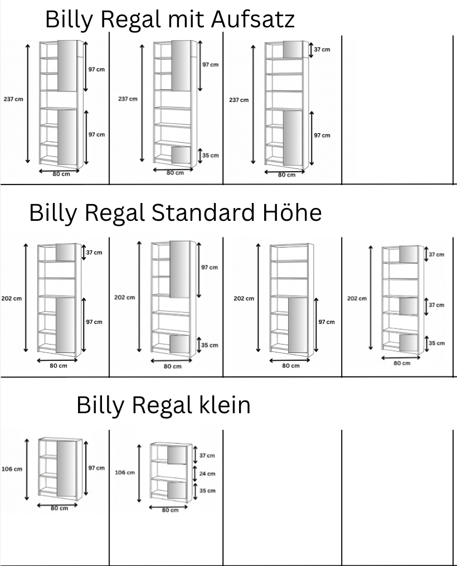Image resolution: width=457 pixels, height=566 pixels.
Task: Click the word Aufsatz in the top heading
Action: tap(253, 20)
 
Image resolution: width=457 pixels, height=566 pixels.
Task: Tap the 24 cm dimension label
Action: tap(207, 473)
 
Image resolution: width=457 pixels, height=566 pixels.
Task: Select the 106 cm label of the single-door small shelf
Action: tap(11, 469)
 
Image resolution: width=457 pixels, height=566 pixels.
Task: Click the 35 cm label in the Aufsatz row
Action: tap(211, 155)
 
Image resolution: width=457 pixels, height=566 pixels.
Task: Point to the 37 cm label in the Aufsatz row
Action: tap(322, 50)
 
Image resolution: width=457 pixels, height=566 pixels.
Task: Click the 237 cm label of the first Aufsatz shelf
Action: tap(13, 99)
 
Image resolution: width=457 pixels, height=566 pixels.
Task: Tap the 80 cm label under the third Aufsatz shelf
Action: tap(287, 175)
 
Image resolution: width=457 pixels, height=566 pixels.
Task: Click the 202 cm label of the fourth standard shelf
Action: tap(357, 298)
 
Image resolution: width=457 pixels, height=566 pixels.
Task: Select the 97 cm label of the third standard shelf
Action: tap(326, 322)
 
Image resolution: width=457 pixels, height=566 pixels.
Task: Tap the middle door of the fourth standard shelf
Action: tap(409, 306)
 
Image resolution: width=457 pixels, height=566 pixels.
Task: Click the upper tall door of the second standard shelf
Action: tap(179, 269)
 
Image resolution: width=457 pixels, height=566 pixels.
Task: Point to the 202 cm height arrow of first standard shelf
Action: tap(26, 298)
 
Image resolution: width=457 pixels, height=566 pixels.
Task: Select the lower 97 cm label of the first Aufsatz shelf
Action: tap(96, 134)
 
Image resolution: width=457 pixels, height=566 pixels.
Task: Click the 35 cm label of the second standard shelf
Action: tap(210, 345)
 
